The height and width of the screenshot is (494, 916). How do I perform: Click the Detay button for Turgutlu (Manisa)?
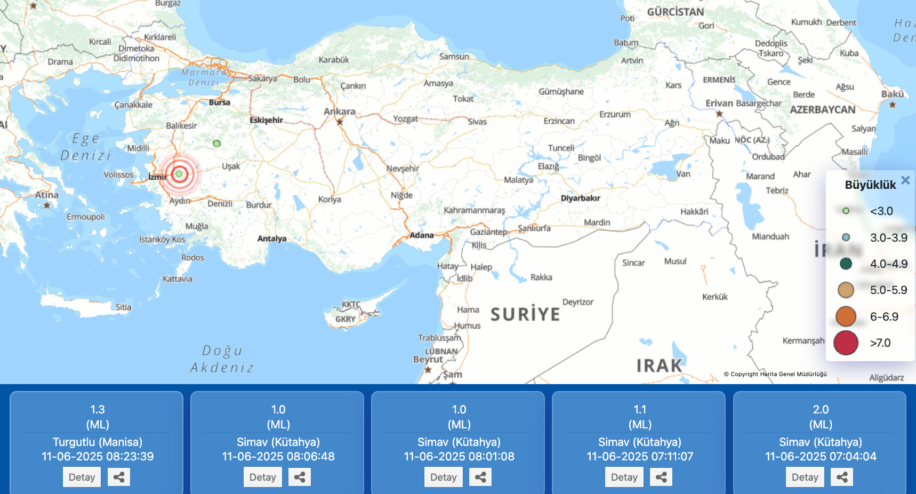pos(82,477)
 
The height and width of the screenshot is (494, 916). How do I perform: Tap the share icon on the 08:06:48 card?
pos(300,477)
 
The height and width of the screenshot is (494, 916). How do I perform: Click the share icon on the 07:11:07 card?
pos(661,477)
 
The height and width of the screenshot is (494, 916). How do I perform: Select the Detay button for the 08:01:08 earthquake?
pos(443,477)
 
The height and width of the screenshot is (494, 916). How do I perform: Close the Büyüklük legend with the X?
pos(905,180)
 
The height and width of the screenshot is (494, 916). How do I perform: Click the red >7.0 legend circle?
pos(846,342)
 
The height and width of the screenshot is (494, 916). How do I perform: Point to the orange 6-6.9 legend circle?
pos(846,316)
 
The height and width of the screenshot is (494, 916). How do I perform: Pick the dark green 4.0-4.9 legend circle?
pos(846,264)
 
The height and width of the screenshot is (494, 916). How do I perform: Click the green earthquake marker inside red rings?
pos(179,173)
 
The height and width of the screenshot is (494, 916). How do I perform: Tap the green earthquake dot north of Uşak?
pos(216,144)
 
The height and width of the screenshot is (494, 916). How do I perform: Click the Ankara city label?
pos(339,111)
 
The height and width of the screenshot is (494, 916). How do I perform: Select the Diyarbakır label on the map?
pos(580,198)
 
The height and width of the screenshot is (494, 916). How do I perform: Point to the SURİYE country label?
pos(525,314)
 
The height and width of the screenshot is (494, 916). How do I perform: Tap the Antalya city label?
pos(272,238)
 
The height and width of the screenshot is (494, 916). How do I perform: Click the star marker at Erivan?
pos(719,114)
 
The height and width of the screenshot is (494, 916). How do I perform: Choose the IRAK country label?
pos(659,365)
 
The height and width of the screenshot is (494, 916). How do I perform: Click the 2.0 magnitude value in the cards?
pos(821,409)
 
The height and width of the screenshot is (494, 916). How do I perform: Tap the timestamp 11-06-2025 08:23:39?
pos(98,457)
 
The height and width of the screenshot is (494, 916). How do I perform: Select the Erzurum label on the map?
pos(615,114)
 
